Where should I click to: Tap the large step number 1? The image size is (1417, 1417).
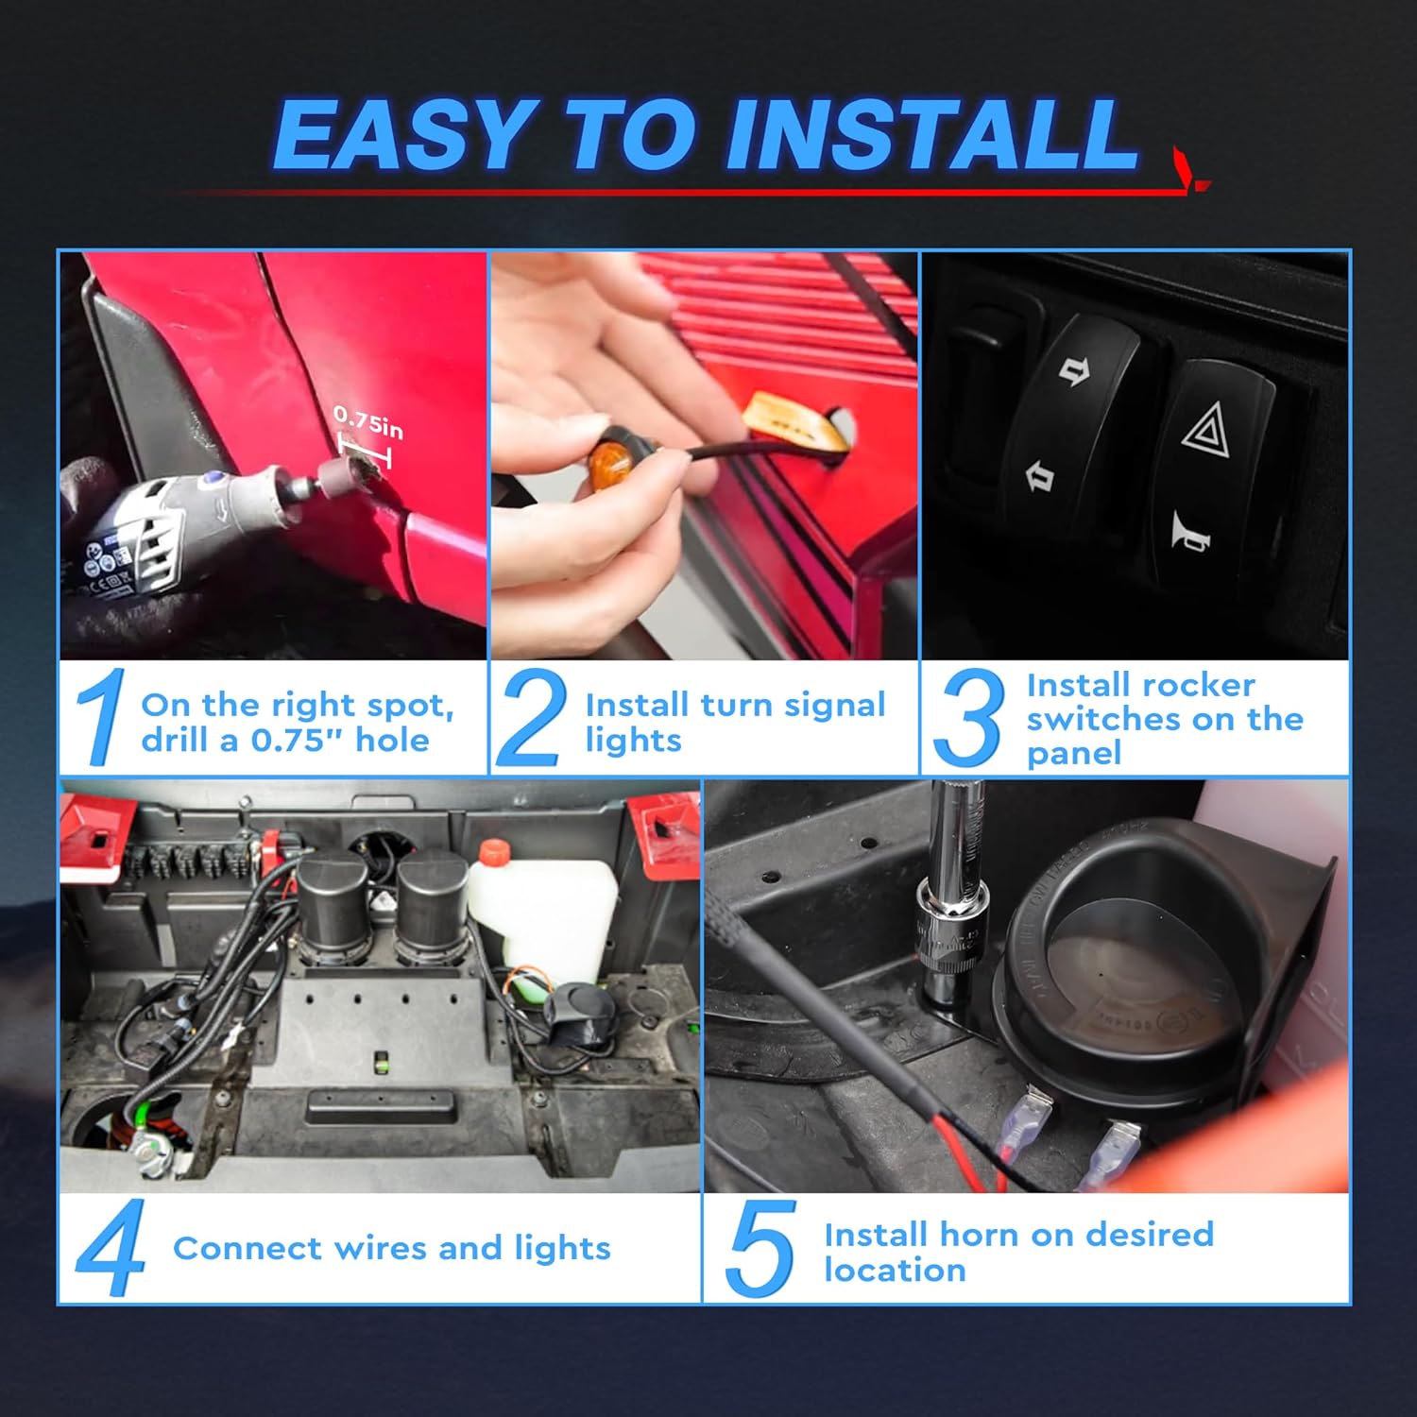tap(103, 715)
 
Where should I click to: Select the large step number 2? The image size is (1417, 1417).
tap(530, 717)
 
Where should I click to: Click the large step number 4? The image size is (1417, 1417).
tap(111, 1248)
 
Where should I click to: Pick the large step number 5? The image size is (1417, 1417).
tap(760, 1248)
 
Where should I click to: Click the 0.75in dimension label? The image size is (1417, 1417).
tap(368, 423)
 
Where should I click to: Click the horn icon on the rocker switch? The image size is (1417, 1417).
tap(1190, 531)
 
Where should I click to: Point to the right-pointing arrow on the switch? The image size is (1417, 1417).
tap(1074, 371)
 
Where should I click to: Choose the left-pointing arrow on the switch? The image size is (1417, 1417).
tap(1040, 475)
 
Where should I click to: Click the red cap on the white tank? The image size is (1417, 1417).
tap(493, 852)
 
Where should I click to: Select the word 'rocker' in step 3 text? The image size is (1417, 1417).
tap(1198, 685)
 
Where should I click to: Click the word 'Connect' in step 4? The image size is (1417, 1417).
tap(248, 1248)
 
